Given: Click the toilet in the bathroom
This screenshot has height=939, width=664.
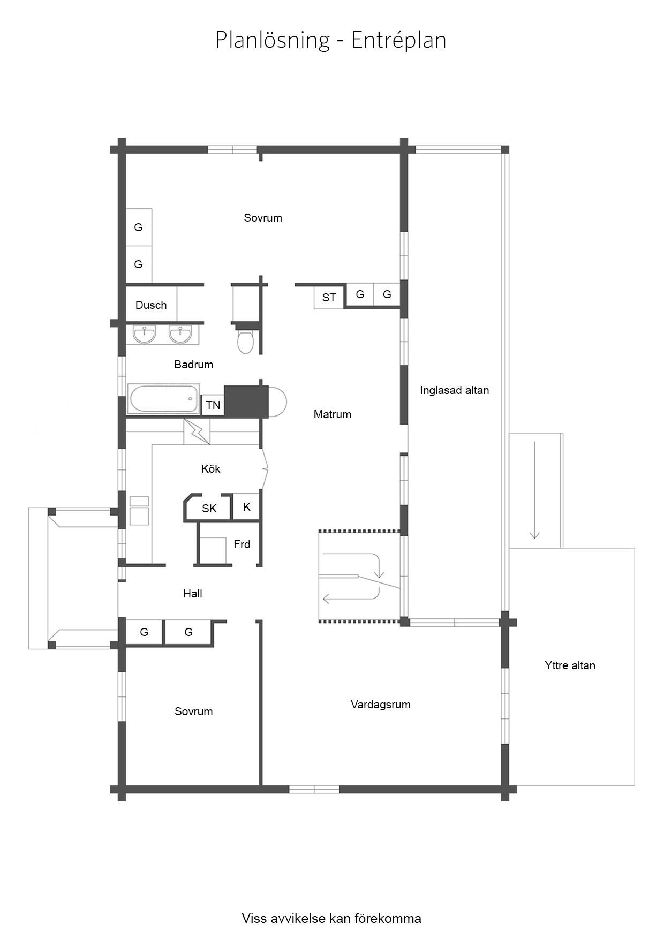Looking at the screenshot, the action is (246, 342).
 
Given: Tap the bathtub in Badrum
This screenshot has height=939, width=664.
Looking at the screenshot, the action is (163, 399).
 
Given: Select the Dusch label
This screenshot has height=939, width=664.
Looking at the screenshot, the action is (151, 305).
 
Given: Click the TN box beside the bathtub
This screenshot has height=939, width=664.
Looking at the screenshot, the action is (213, 405).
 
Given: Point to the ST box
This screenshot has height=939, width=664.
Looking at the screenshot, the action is (329, 297).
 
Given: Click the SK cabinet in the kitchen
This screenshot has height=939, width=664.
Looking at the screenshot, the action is (209, 508).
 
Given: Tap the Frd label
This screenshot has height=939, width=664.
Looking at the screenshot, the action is (242, 544).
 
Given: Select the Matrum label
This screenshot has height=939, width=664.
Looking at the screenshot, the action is (333, 414).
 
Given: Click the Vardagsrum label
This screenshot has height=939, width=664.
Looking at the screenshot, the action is (381, 705).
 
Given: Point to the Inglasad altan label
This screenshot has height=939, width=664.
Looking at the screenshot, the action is (455, 390).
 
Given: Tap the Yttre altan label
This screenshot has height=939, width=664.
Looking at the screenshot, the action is (570, 665).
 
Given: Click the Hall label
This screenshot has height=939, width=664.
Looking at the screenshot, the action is (193, 593).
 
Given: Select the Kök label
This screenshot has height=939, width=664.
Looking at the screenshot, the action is (211, 469).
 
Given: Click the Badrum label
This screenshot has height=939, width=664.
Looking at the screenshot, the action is (194, 365).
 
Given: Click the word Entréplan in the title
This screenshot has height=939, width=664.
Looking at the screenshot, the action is (399, 41).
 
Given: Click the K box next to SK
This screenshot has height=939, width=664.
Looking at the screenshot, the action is (247, 506).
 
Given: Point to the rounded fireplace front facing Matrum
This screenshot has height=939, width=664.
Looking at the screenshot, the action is (277, 402).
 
